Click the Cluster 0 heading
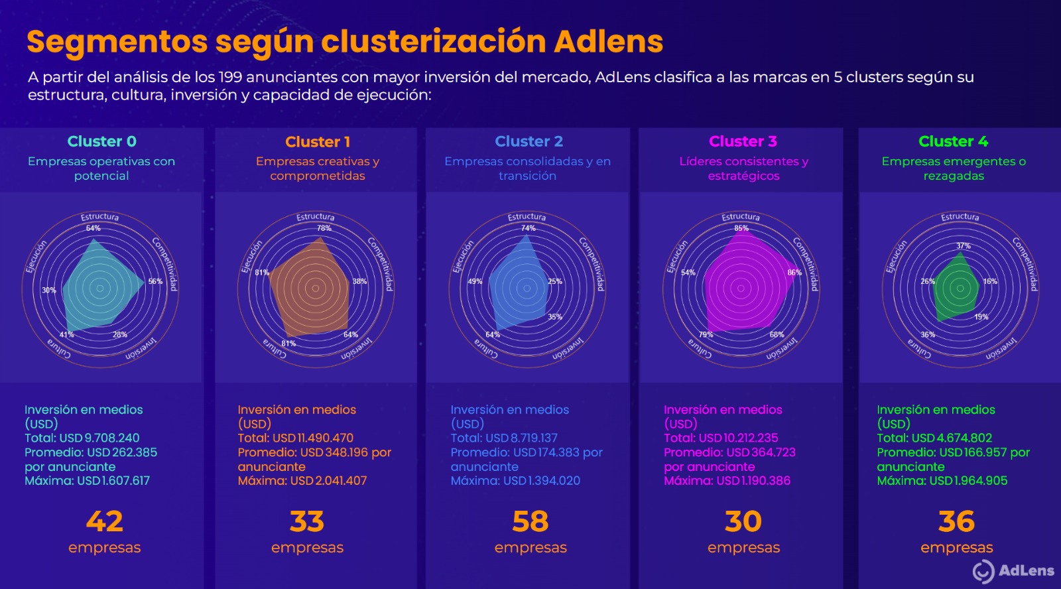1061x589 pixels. pos(101,141)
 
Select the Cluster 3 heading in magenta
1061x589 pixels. pos(743,141)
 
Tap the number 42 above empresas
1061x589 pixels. pos(105,521)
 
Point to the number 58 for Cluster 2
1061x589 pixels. pos(530,521)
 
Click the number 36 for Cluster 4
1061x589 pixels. pos(956,521)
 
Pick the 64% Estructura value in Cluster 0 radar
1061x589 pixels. pos(93,228)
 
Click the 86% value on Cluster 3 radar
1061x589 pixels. pos(794,273)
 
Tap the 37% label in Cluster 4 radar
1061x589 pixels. pos(963,246)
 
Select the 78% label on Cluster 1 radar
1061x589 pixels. pos(324,228)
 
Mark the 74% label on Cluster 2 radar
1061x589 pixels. pos(528,228)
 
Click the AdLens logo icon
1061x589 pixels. pos(983,571)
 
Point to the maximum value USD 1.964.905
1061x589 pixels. pos(968,481)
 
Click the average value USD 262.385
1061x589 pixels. pos(122,452)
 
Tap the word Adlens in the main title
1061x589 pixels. pos(608,41)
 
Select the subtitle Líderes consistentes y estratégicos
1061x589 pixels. pos(743,168)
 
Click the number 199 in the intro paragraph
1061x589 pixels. pos(230,78)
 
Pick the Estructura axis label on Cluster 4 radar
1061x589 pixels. pos(960,217)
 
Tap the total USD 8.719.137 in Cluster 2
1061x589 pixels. pos(521,438)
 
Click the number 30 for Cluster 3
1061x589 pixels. pos(743,521)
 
